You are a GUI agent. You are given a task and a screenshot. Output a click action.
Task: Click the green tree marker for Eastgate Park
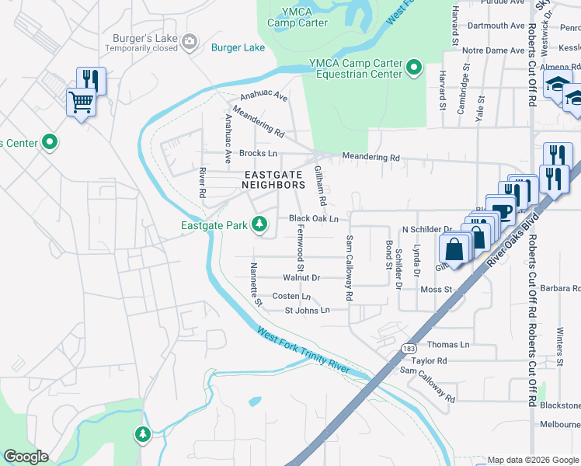tap(260, 225)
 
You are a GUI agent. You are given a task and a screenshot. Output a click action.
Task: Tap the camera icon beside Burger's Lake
tap(190, 40)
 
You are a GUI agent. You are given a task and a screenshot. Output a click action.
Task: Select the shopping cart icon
tap(82, 103)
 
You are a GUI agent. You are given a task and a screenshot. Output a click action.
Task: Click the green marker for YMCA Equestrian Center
tap(414, 68)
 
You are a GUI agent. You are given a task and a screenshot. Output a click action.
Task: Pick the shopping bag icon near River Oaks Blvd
tap(454, 249)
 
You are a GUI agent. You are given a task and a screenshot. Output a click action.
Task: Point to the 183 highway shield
tap(408, 348)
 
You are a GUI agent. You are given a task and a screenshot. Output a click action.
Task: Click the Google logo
tap(26, 457)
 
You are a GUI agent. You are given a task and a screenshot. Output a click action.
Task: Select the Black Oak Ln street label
tap(314, 219)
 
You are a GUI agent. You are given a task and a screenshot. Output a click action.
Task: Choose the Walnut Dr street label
tap(301, 277)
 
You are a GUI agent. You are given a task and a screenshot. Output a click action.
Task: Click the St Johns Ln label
tap(308, 310)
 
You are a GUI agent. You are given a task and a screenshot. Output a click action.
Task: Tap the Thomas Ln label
tap(448, 344)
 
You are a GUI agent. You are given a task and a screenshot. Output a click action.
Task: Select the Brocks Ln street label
tap(258, 154)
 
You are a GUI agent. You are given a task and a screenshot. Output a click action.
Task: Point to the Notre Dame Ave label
tap(493, 50)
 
